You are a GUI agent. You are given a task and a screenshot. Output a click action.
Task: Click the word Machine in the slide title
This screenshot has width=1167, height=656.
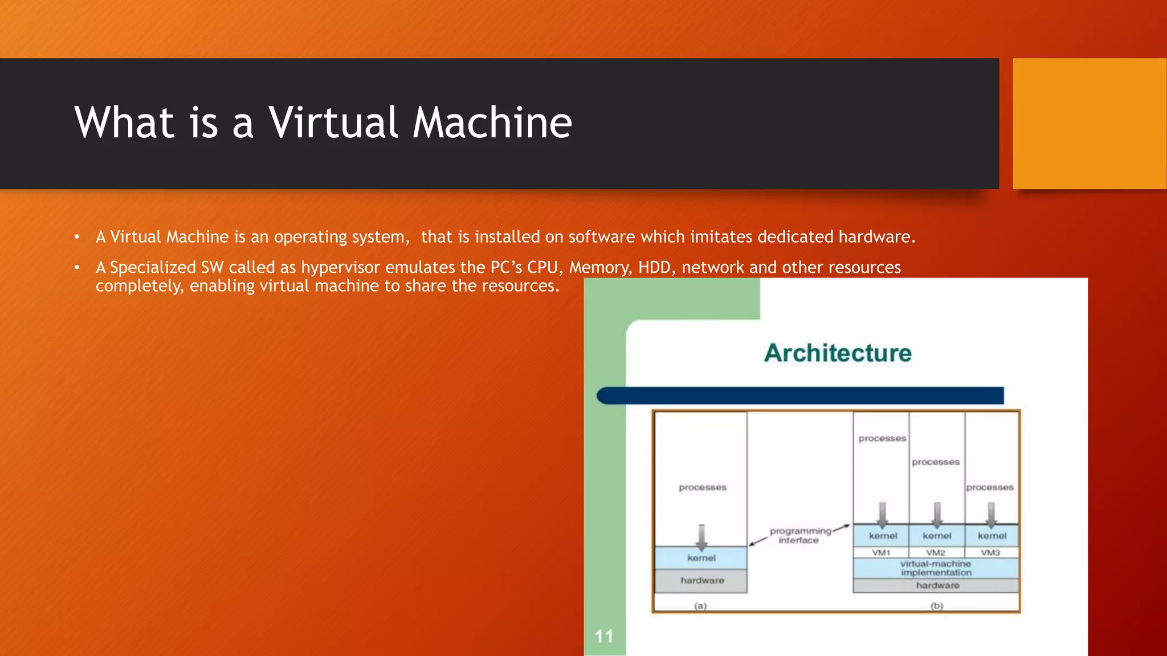click(492, 122)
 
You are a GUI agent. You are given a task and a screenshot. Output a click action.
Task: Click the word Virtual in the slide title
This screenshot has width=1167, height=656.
click(333, 122)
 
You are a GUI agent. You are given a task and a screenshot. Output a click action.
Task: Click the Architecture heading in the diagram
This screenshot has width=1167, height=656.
click(838, 353)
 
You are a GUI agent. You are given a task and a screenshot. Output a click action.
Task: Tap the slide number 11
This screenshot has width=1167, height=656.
click(604, 636)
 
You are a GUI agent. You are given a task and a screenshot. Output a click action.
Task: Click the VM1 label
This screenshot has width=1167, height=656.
click(881, 552)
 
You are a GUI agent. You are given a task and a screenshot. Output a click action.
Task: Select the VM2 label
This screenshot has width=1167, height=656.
click(936, 552)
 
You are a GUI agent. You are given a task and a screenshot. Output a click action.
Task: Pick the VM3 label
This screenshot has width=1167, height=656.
click(990, 552)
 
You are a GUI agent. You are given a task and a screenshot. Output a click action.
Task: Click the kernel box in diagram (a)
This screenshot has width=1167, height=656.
click(701, 558)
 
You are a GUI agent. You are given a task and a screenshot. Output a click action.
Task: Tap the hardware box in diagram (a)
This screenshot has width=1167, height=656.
click(702, 581)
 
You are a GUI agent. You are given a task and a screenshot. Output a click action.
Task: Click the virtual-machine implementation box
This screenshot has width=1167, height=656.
click(936, 568)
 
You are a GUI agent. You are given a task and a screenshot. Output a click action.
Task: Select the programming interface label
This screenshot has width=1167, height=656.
click(799, 536)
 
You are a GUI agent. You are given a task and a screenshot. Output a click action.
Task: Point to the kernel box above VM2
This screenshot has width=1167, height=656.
click(937, 536)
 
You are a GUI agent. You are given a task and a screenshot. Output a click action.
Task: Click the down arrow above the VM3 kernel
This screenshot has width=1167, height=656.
click(991, 514)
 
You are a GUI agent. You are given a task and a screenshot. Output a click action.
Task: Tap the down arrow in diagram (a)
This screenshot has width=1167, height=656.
click(701, 536)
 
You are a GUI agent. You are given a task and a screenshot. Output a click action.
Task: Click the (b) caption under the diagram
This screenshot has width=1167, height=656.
click(937, 606)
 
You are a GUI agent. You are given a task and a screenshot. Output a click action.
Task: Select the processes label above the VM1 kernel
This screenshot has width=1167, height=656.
click(882, 438)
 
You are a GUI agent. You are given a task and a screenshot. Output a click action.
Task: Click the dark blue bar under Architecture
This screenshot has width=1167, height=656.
click(800, 396)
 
